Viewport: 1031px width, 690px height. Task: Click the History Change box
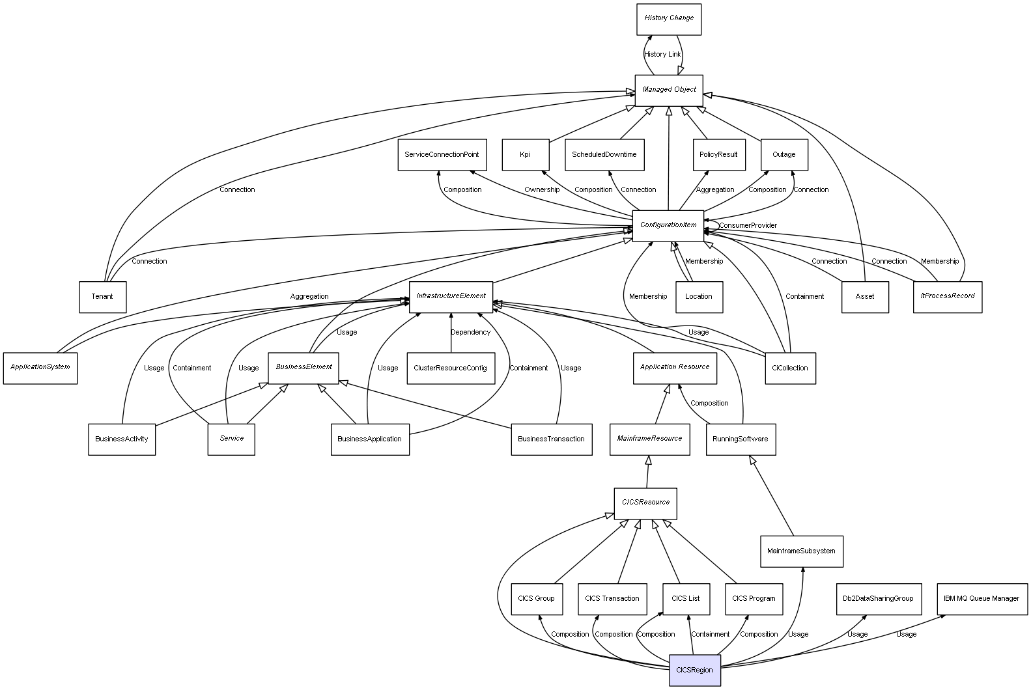click(669, 19)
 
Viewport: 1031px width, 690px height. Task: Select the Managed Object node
click(669, 90)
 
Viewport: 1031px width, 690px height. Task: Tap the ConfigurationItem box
click(668, 225)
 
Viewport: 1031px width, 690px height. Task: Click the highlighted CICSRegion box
click(695, 670)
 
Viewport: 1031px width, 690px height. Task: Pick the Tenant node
click(102, 297)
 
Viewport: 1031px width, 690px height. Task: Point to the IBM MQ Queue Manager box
click(982, 599)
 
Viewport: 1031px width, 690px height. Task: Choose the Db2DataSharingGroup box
click(878, 599)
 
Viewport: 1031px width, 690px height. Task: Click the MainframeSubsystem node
click(801, 551)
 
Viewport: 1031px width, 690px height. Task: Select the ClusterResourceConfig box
click(450, 368)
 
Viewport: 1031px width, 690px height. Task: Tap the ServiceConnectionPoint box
click(442, 155)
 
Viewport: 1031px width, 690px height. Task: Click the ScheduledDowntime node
click(604, 155)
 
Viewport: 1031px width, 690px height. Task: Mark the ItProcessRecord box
click(948, 297)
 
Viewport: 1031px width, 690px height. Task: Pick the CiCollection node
click(790, 368)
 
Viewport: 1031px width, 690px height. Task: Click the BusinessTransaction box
click(551, 439)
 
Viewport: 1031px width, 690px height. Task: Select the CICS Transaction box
click(612, 599)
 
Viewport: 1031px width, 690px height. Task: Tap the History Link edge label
click(662, 55)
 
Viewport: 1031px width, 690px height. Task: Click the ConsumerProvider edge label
click(748, 226)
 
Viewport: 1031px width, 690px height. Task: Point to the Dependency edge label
click(471, 333)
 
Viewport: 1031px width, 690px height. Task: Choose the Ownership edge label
click(542, 190)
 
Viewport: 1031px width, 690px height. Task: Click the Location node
click(699, 297)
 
